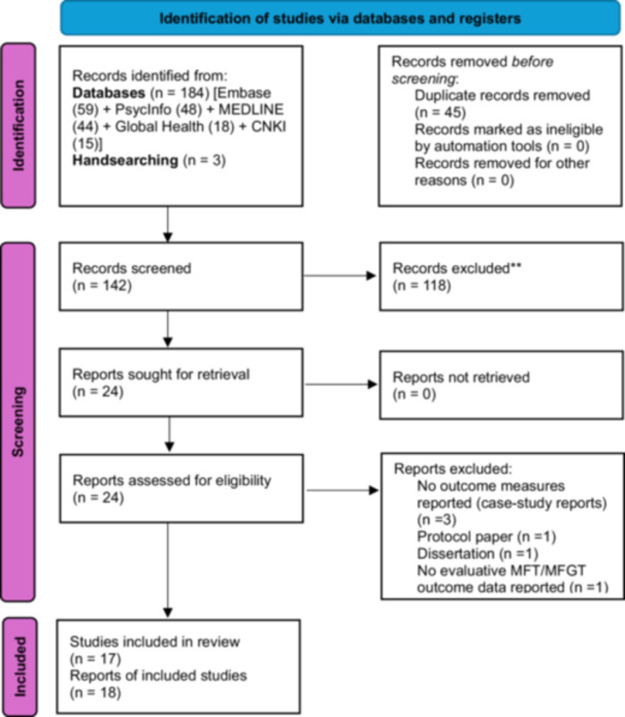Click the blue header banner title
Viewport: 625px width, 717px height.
[x=340, y=18]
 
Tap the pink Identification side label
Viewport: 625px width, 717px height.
[x=18, y=125]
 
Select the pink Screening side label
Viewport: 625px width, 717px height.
[x=18, y=422]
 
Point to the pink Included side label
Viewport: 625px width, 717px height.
[x=20, y=666]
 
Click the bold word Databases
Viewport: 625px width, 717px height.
[x=109, y=93]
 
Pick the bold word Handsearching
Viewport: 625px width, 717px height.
[x=125, y=160]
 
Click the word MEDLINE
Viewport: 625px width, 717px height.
[x=251, y=110]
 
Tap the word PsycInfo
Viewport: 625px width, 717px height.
[x=143, y=110]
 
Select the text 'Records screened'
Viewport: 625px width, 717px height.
[x=132, y=268]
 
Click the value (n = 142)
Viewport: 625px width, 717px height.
[x=102, y=285]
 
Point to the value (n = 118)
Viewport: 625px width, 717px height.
[x=422, y=285]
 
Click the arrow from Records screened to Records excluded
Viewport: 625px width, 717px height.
[x=340, y=276]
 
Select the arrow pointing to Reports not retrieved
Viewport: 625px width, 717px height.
[x=341, y=384]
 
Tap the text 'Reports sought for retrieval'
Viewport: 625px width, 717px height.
[x=161, y=374]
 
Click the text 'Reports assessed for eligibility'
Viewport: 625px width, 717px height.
[x=172, y=480]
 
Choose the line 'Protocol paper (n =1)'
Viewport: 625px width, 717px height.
[x=487, y=536]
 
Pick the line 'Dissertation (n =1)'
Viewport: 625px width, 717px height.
[x=478, y=553]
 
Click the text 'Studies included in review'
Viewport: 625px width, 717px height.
[x=155, y=642]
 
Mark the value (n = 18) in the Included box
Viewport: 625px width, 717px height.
[x=95, y=692]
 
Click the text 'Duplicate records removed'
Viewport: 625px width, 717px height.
[x=502, y=95]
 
